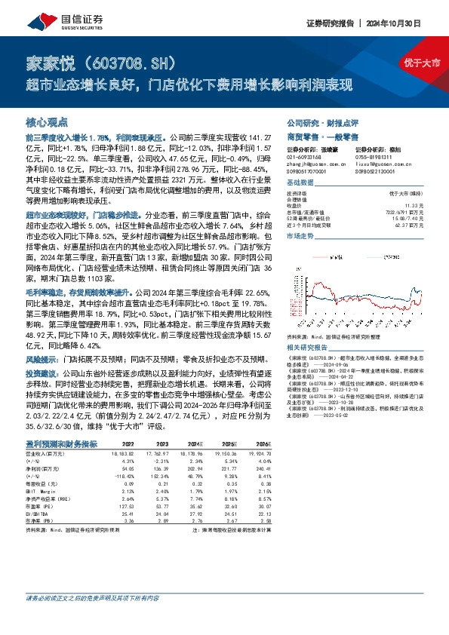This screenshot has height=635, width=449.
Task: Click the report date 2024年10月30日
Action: [404, 23]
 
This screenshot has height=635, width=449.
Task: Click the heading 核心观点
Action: [47, 121]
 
